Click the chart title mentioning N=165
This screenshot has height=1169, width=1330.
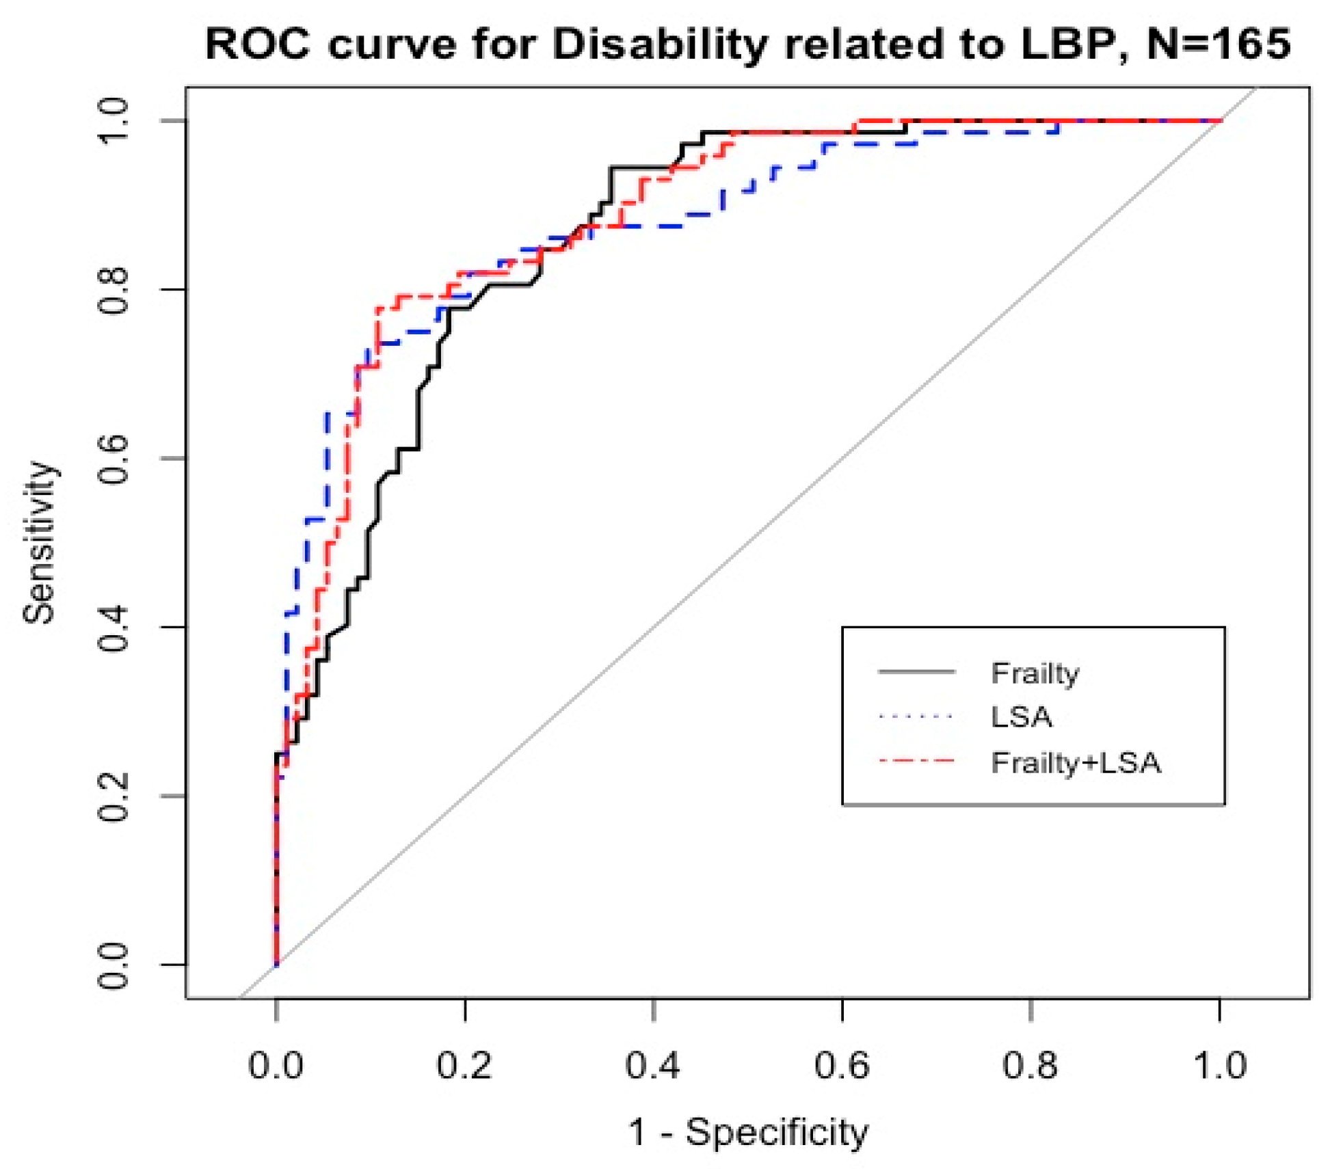click(747, 45)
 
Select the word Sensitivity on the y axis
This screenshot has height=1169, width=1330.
click(39, 543)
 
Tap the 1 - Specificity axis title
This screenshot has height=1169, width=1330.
click(748, 1131)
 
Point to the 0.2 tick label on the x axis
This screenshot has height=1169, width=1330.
click(464, 1065)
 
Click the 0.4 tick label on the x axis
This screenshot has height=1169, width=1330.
click(653, 1065)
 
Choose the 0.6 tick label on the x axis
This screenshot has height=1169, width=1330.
click(842, 1065)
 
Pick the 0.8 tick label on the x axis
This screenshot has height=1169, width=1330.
click(1030, 1065)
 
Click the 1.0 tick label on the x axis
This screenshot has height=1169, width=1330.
click(1219, 1065)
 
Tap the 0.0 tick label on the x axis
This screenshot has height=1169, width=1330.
click(276, 1065)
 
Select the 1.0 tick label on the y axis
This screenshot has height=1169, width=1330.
click(114, 121)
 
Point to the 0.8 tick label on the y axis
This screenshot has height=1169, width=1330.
click(114, 290)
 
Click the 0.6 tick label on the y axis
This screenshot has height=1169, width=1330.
click(114, 459)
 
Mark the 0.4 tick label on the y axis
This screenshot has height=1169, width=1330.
click(114, 628)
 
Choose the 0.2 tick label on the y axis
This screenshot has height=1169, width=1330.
click(114, 796)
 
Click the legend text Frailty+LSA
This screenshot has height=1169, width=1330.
click(1076, 762)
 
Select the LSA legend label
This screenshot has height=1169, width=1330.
click(1022, 717)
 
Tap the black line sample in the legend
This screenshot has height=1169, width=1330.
click(916, 673)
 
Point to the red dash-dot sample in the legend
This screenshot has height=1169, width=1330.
click(916, 760)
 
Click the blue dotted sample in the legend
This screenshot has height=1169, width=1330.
click(916, 717)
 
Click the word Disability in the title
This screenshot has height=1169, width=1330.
click(659, 45)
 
